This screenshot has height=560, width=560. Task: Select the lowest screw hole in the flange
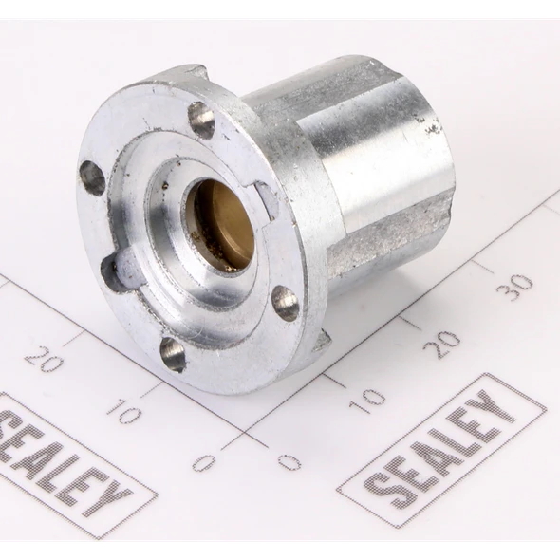[x=173, y=354]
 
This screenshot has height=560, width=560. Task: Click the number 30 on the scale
[x=514, y=283]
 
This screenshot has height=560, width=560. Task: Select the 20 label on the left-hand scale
[x=45, y=358]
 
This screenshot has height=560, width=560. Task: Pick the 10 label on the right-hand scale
[x=367, y=401]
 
